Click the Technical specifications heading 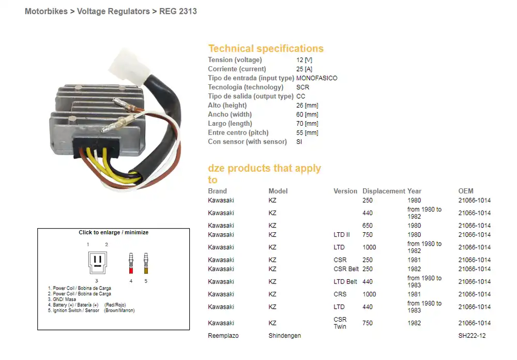266,49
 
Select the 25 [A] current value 304,69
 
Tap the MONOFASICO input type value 316,78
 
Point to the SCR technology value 302,87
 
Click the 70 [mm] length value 307,124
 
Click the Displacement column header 384,191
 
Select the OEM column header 465,191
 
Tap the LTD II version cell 341,235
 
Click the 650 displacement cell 368,226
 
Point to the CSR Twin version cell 340,323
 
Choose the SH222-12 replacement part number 472,336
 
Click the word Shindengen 284,336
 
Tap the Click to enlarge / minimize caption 113,233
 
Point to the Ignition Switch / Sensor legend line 74,310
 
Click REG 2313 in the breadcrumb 178,11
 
